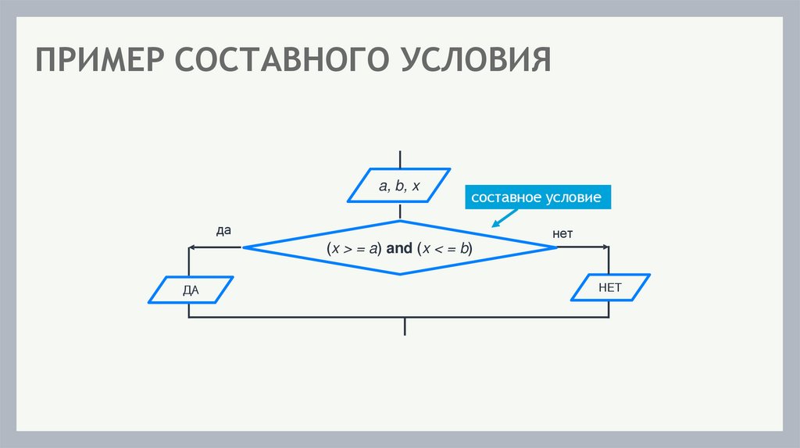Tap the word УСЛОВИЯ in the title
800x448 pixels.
coord(477,61)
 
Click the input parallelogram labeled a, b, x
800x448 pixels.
coord(399,186)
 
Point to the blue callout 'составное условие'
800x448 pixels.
coord(536,197)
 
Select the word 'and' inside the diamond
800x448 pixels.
coord(398,248)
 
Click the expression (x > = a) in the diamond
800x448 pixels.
coord(353,248)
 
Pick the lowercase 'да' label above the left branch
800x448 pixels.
coord(223,231)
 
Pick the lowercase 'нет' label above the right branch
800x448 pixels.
coord(562,233)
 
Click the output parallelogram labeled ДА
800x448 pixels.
coord(191,290)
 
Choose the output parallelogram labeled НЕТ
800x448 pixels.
coord(609,287)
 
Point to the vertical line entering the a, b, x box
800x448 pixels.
coord(400,158)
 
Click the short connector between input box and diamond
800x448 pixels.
coord(400,212)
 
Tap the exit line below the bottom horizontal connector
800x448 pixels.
coord(405,327)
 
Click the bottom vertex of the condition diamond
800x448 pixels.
coord(400,274)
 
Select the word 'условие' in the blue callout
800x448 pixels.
coord(572,197)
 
